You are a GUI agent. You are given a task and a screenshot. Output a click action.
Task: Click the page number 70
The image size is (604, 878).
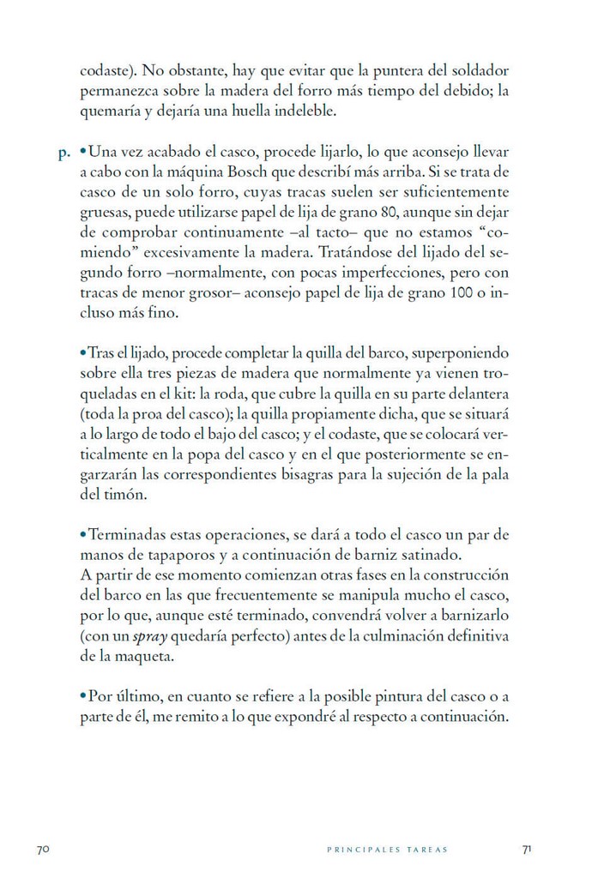(44, 849)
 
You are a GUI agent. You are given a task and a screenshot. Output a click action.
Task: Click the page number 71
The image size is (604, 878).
(528, 849)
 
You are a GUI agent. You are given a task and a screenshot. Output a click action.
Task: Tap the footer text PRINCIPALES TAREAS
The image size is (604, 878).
(388, 850)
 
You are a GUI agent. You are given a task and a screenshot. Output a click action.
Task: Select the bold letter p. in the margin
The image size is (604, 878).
(63, 154)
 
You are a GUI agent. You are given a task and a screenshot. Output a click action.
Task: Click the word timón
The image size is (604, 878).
(127, 495)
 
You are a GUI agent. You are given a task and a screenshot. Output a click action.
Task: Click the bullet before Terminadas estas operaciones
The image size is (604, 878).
(83, 533)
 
